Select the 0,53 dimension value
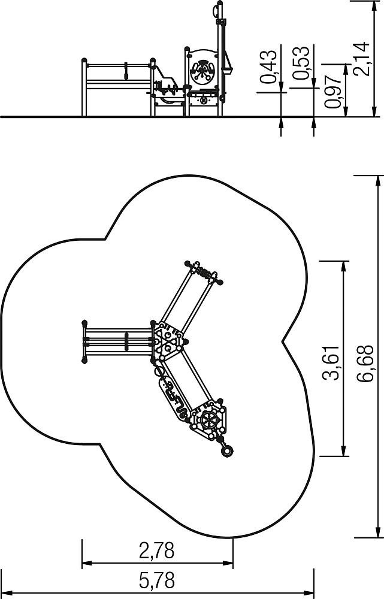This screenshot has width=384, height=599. click(301, 63)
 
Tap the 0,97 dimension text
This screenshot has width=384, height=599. click(332, 92)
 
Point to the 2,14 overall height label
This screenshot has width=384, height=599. click(361, 59)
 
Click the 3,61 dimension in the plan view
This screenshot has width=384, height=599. click(331, 363)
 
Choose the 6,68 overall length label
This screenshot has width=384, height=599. click(365, 363)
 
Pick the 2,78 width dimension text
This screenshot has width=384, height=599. click(157, 551)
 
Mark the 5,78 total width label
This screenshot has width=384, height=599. click(157, 580)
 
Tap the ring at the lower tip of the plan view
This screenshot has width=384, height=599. click(226, 451)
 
